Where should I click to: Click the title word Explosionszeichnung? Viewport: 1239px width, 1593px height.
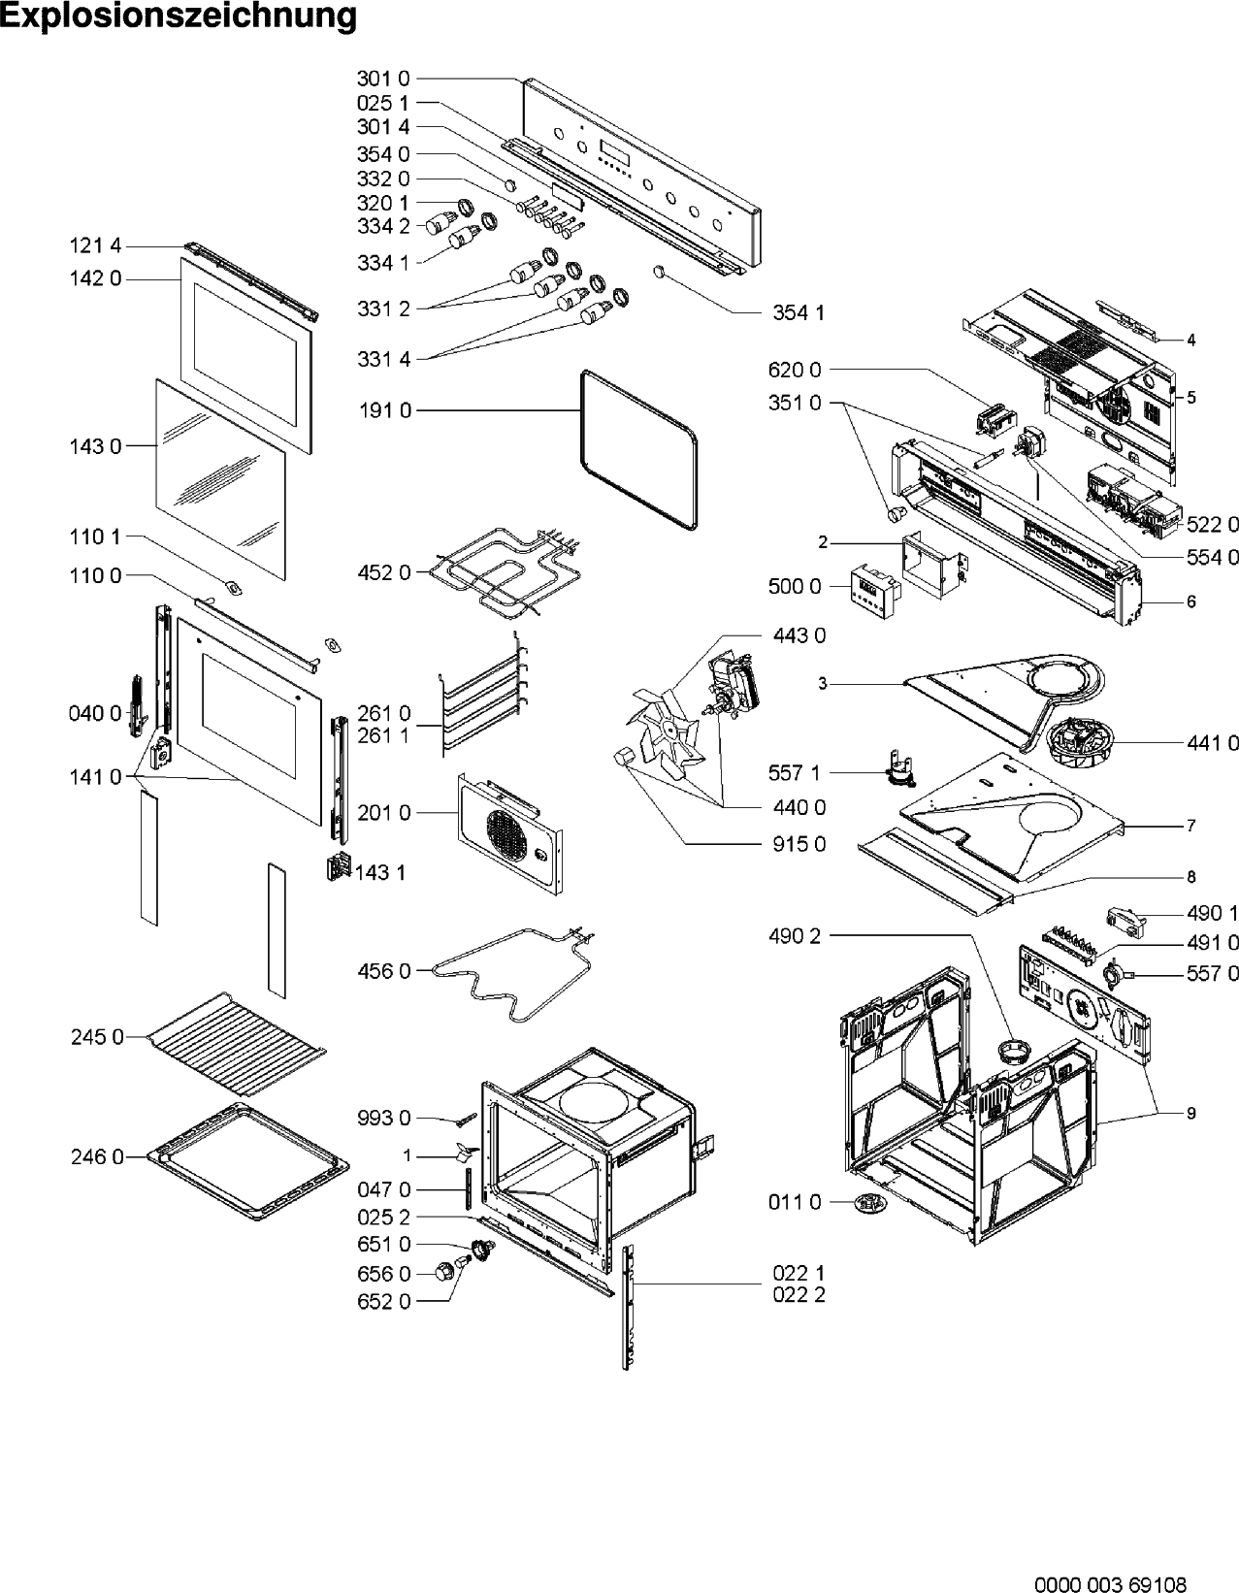click(x=179, y=16)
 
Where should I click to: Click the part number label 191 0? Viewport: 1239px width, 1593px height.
click(x=385, y=410)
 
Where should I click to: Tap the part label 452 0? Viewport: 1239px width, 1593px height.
click(x=383, y=572)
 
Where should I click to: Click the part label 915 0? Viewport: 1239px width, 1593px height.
click(x=799, y=844)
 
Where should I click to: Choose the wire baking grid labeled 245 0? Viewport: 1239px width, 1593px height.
click(x=237, y=1045)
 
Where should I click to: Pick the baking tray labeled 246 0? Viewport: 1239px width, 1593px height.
click(x=247, y=1161)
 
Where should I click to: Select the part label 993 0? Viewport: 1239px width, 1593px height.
click(x=384, y=1118)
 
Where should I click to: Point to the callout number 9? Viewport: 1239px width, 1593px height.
click(x=1191, y=1113)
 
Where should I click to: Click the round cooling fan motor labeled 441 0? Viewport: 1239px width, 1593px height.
click(x=1082, y=742)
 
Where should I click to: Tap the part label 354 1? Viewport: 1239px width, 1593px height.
click(x=799, y=313)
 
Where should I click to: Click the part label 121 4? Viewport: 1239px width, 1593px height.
click(x=95, y=245)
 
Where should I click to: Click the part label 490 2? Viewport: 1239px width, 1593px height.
click(x=795, y=936)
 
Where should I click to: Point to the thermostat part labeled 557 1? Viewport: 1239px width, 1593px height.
click(x=898, y=769)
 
